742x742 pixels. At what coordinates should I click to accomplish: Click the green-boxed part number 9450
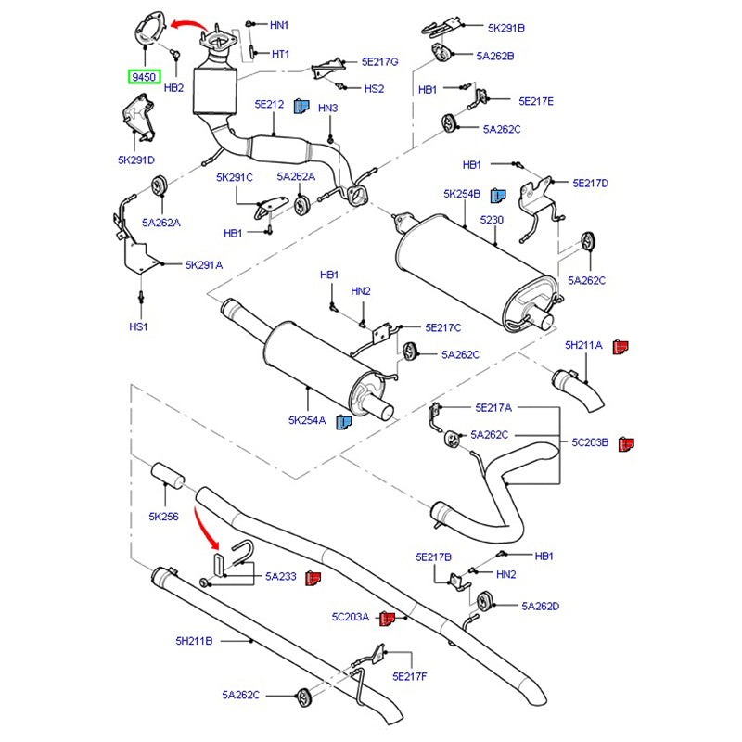144,77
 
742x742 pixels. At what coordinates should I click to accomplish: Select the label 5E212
269,105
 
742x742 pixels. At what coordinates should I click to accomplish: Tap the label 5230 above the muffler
491,220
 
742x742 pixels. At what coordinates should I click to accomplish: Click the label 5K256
163,517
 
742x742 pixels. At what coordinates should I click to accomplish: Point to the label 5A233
280,577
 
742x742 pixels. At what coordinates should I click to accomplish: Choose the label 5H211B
194,640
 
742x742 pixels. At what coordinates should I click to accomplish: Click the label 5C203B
590,443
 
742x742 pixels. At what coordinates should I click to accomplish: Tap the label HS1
138,327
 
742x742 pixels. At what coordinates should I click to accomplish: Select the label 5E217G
379,61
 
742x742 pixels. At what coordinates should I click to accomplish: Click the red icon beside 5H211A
622,346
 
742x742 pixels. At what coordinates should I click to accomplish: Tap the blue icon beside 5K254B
498,195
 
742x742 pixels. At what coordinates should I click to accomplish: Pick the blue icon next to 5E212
301,105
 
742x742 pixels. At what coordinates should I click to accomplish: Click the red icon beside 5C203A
390,617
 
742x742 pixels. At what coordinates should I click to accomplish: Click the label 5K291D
136,160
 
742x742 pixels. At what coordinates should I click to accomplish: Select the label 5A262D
541,607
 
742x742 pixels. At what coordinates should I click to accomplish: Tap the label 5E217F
409,676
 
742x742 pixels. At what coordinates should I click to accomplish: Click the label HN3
328,109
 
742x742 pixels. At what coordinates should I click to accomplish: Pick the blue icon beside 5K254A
343,422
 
